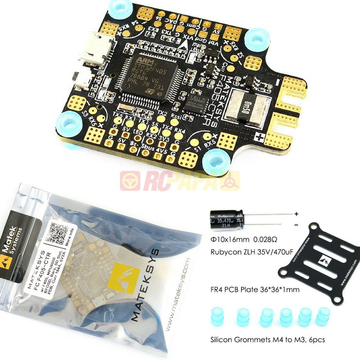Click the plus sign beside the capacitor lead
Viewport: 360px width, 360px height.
[296, 214]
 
